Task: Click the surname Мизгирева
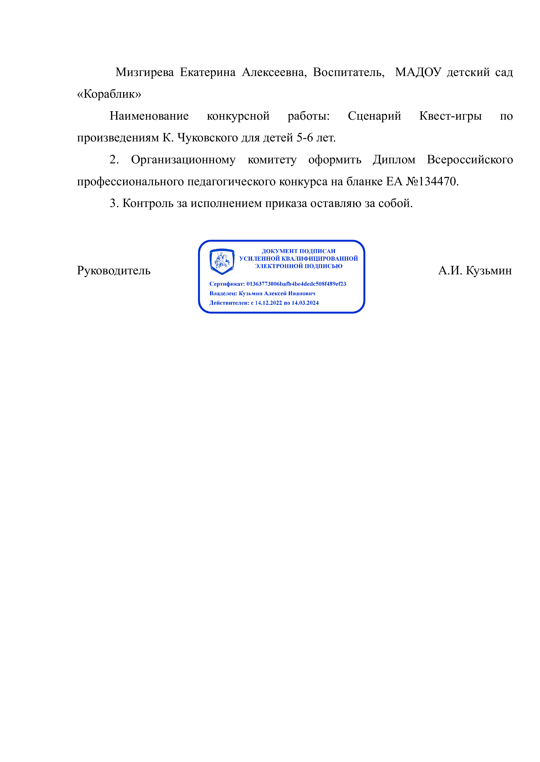144,72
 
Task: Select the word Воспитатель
348,72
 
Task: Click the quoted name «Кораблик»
109,94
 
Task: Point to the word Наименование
149,116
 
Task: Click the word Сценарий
374,116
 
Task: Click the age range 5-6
305,138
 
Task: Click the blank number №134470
432,182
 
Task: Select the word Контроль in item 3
148,203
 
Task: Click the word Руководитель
114,271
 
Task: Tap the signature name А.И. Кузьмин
475,271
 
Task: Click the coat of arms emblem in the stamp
222,261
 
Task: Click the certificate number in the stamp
296,284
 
